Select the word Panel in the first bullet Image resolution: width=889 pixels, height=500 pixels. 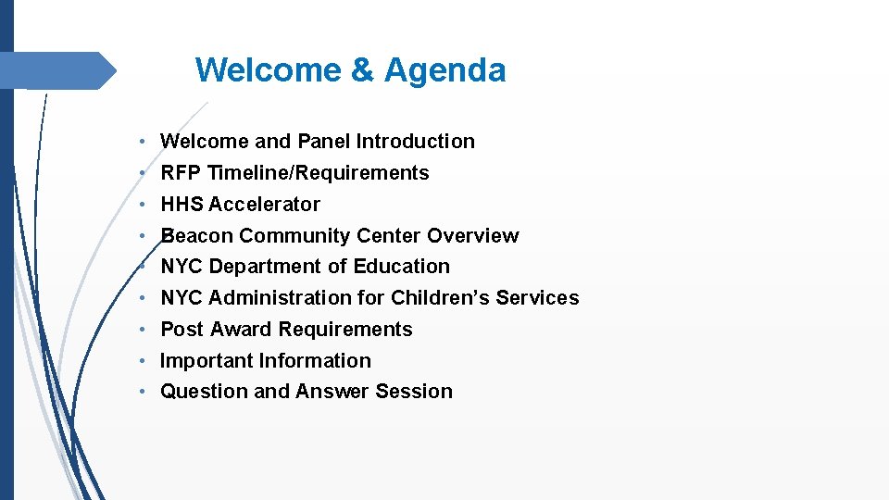[324, 142]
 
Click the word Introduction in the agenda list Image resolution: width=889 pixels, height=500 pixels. [416, 142]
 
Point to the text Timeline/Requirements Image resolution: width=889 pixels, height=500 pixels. [319, 173]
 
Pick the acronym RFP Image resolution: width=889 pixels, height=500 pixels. [182, 173]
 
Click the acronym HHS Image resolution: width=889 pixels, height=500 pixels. [182, 205]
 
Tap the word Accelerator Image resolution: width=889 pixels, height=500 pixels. [265, 205]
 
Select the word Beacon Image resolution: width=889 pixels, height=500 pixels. [197, 236]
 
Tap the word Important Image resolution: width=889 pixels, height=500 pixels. [207, 361]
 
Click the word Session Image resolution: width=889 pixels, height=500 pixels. [414, 392]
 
